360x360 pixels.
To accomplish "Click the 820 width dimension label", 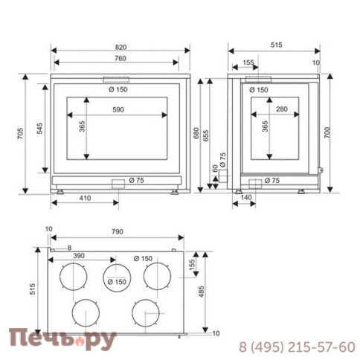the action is pos(120,47).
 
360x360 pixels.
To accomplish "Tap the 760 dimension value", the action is pos(120,58).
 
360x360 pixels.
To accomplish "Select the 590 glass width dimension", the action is pos(118,109).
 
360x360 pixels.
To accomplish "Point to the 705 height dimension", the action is pos(20,133).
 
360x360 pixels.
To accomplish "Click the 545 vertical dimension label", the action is pos(39,129).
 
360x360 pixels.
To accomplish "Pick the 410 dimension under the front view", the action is pos(85,198).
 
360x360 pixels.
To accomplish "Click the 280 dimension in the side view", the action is pos(282,109).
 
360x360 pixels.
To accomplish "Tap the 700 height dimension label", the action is pos(327,132).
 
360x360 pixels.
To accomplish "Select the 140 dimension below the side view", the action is pos(246,197).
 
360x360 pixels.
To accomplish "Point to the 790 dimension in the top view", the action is pos(118,231).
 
